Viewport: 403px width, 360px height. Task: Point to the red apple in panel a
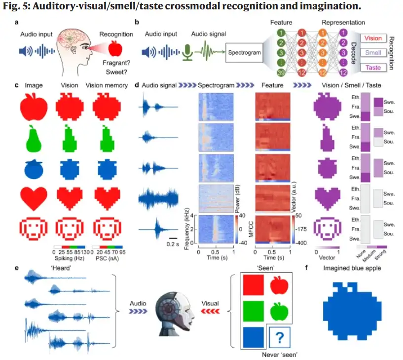[116, 49]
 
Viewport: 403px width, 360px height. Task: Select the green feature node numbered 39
[267, 73]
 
